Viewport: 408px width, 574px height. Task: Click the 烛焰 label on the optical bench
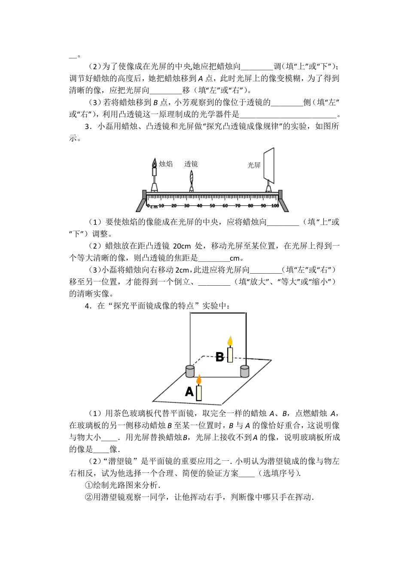click(x=166, y=164)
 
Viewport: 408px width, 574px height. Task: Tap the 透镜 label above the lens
click(x=191, y=164)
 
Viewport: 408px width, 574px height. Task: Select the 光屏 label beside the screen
click(x=254, y=165)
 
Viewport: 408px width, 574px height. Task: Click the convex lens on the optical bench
click(x=191, y=177)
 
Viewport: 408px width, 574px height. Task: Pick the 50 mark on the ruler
click(x=212, y=206)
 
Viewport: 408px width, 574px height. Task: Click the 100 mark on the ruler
click(x=275, y=206)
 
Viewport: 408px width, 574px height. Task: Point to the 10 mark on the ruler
click(x=161, y=206)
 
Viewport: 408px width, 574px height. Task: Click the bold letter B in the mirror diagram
click(x=219, y=357)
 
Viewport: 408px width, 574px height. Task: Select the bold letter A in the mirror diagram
click(x=189, y=392)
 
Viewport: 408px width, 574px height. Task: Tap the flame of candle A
click(x=199, y=380)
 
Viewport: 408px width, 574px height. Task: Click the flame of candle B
click(x=230, y=341)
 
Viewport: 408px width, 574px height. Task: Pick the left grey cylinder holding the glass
click(x=190, y=371)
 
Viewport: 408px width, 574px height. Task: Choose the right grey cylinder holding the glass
click(x=244, y=371)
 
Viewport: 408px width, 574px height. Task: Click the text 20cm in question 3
click(x=182, y=246)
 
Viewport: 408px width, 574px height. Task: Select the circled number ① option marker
click(x=89, y=485)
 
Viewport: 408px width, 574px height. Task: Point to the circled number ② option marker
click(x=89, y=497)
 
